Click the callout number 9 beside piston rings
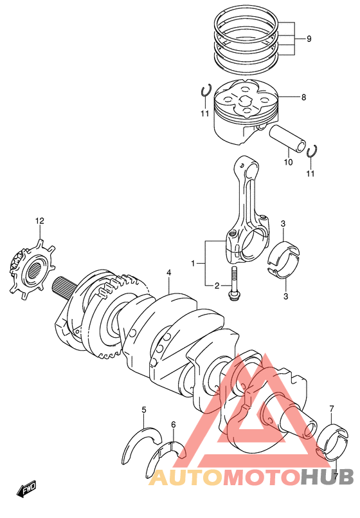coord(309,39)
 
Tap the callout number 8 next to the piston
coord(303,97)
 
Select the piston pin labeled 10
coord(288,138)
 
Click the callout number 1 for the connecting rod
coord(194,263)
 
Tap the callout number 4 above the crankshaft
coord(168,273)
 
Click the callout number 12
coord(40,221)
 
